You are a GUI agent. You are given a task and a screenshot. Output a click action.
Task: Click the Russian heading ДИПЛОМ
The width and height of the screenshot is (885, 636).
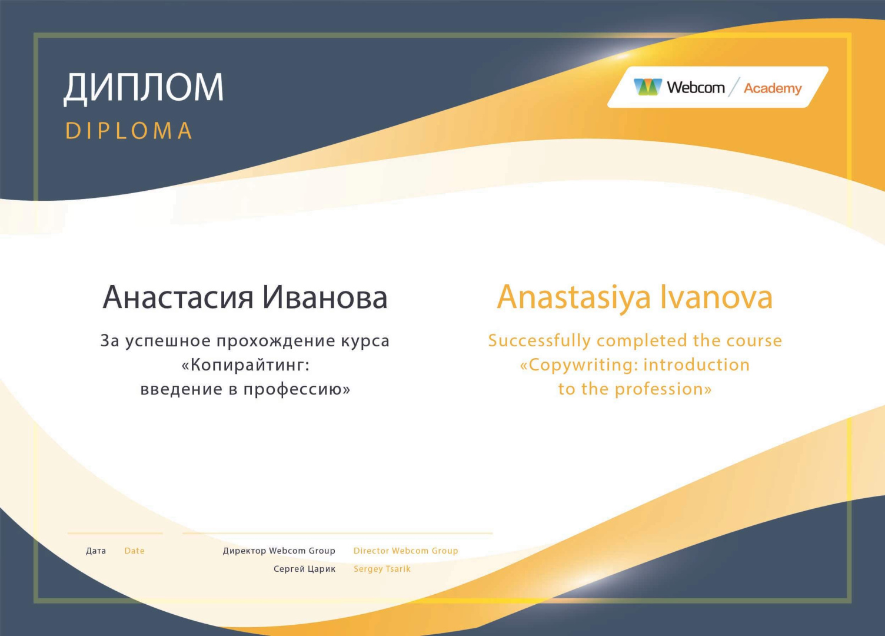click(144, 88)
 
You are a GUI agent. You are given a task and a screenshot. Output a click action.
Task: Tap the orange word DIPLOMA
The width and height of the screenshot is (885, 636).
click(129, 131)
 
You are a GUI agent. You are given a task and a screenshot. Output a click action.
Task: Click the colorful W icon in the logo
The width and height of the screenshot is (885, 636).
click(647, 87)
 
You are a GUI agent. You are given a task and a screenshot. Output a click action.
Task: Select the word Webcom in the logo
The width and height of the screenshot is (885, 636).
click(696, 87)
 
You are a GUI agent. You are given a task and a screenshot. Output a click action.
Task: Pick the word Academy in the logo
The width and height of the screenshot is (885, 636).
click(773, 88)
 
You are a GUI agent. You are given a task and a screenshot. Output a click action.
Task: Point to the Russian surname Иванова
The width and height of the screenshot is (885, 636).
click(325, 297)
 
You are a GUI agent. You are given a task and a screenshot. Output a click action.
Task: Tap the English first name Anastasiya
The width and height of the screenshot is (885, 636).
click(574, 297)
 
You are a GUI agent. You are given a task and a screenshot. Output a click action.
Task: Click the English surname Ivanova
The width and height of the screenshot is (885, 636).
click(717, 297)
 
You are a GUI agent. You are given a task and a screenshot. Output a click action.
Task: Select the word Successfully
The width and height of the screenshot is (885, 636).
click(539, 341)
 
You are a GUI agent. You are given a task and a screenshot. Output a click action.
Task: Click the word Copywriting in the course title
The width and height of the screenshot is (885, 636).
click(581, 365)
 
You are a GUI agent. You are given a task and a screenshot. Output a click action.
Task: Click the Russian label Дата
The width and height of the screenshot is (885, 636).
click(96, 551)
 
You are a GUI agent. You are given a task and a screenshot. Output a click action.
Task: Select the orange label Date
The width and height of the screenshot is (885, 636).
click(134, 551)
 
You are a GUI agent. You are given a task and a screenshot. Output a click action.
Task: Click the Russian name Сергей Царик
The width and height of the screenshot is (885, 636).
click(304, 569)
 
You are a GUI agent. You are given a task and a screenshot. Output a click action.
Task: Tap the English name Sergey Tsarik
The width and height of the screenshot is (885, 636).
click(382, 569)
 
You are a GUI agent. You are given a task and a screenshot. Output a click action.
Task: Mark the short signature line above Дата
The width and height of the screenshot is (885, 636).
click(115, 533)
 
